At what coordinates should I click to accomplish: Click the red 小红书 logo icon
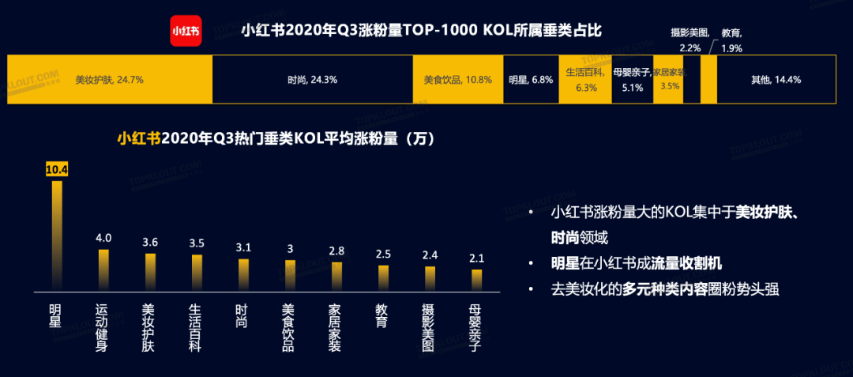click(185, 31)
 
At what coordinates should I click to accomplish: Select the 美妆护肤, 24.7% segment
click(110, 80)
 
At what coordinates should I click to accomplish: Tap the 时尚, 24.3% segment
click(313, 80)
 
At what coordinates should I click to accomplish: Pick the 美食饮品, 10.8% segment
click(458, 80)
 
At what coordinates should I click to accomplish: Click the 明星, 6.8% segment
click(531, 80)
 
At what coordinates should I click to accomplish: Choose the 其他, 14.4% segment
click(776, 80)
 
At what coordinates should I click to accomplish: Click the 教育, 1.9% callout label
click(731, 40)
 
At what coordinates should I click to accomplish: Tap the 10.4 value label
click(56, 169)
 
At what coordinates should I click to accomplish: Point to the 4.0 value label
click(103, 238)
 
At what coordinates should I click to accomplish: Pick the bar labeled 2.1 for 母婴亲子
click(476, 280)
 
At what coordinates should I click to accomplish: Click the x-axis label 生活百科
click(196, 327)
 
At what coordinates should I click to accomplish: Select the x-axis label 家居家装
click(336, 327)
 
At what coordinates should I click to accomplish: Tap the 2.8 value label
click(336, 251)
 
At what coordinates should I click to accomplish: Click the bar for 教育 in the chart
click(383, 277)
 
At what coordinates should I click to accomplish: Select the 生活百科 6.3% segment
click(585, 80)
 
